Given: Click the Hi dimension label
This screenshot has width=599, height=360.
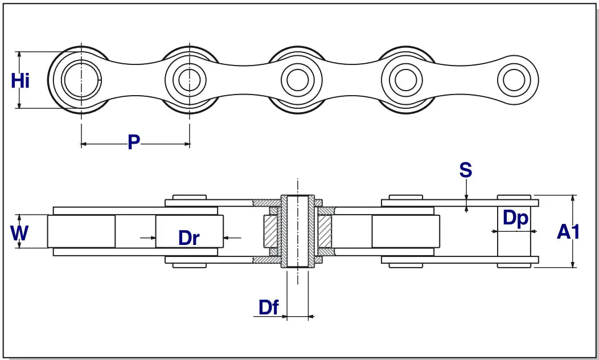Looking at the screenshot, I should coord(20,81).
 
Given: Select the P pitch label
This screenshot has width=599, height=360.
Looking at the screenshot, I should coord(133,142).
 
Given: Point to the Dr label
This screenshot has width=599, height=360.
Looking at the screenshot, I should coord(188,238).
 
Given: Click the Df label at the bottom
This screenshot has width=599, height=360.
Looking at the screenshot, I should coord(269,308).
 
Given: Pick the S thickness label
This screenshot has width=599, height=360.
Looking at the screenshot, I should coord(466,170).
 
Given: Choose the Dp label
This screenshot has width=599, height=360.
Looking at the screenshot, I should coord(515,219).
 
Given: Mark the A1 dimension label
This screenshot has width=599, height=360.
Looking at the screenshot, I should coord(568,232).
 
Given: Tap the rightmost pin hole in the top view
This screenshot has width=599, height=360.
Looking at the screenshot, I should coord(514,80).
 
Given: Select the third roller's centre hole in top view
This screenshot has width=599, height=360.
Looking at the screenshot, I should coord(297,80).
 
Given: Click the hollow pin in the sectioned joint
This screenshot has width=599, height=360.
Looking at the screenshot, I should coord(297,231).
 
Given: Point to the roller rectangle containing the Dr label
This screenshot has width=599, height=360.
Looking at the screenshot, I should coord(189,231).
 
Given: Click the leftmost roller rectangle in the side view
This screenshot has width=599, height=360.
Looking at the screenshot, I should coord(81,231).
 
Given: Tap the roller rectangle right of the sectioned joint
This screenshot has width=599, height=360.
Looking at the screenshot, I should coord(405,231).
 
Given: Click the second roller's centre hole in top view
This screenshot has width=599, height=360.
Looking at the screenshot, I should coord(188,80).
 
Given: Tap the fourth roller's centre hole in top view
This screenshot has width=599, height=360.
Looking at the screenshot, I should coord(405,80).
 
